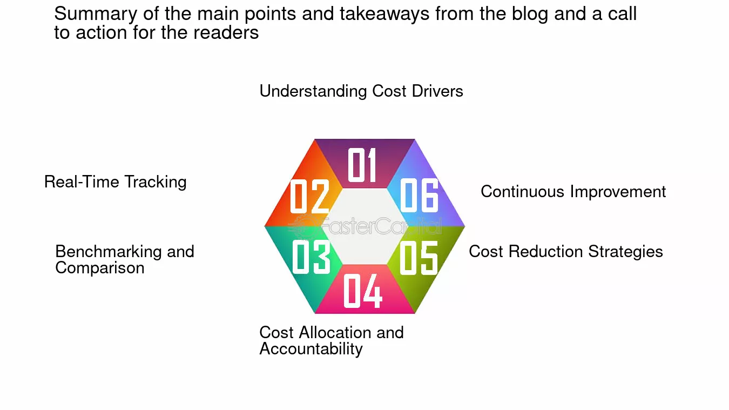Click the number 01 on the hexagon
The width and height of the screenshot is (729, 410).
click(362, 165)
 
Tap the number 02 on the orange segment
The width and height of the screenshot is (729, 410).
click(309, 196)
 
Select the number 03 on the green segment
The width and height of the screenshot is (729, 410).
click(312, 257)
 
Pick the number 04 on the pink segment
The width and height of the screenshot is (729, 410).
click(363, 291)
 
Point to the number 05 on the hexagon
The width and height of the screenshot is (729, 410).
click(418, 258)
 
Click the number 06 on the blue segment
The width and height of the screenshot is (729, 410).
click(419, 195)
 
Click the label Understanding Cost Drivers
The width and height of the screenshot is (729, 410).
click(361, 91)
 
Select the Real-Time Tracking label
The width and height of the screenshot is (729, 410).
click(115, 182)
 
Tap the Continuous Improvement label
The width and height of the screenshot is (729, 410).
click(573, 191)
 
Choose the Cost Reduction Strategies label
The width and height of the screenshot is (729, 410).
click(566, 252)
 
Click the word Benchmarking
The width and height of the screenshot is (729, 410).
click(109, 252)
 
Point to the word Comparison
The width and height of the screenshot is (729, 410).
click(99, 268)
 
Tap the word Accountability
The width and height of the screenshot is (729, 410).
click(311, 349)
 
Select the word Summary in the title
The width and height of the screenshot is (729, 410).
click(96, 14)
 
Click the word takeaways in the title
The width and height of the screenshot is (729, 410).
click(384, 14)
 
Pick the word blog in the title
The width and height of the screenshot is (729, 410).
click(530, 14)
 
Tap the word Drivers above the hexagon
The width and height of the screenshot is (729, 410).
click(437, 91)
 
